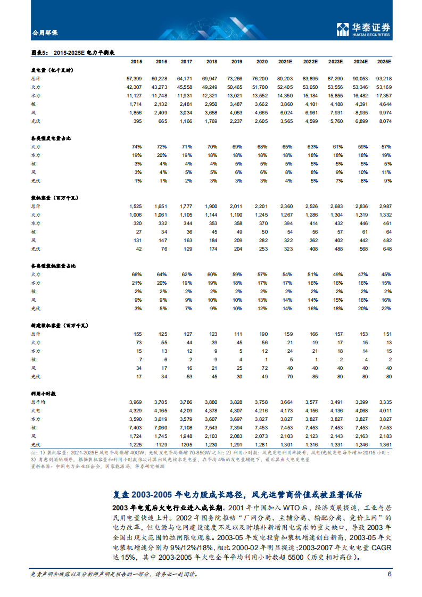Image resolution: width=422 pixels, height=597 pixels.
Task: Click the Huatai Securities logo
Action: coord(364,29)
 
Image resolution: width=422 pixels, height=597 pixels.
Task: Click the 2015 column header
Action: coord(136,62)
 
